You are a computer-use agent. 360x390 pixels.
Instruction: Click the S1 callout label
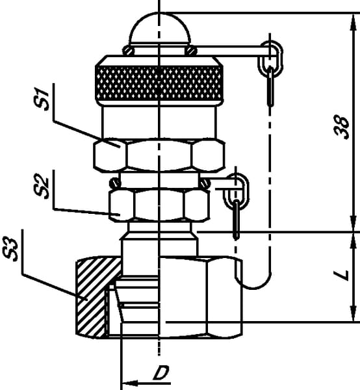pyautogui.click(x=42, y=99)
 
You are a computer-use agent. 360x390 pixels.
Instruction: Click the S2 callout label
pyautogui.click(x=42, y=187)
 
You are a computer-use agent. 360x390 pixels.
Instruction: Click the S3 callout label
pyautogui.click(x=10, y=250)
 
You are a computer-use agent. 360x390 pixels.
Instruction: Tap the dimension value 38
pyautogui.click(x=342, y=127)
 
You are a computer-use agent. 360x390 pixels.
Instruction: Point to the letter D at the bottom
pyautogui.click(x=161, y=372)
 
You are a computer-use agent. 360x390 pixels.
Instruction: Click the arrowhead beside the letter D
pyautogui.click(x=130, y=383)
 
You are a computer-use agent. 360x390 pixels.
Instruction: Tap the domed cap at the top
pyautogui.click(x=160, y=29)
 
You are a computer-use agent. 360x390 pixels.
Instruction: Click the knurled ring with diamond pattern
pyautogui.click(x=159, y=84)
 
